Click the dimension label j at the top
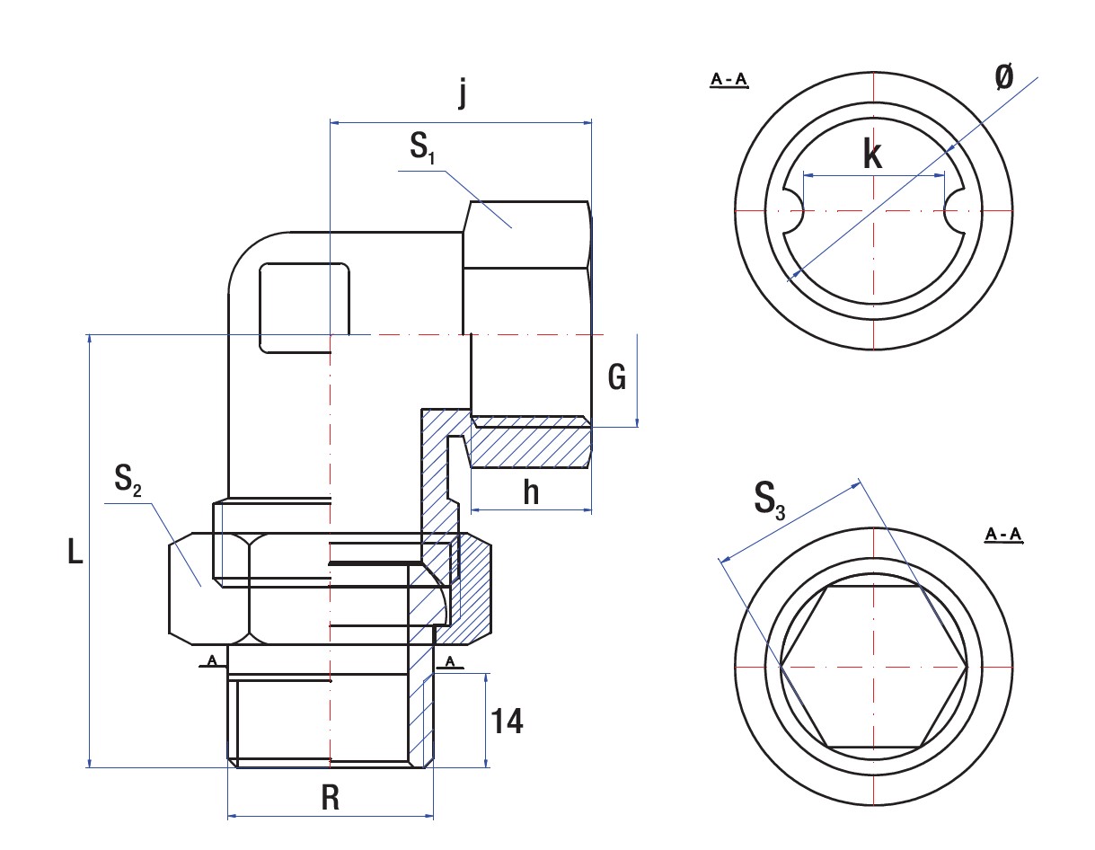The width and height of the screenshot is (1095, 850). (462, 93)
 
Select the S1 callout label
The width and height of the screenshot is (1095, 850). (422, 148)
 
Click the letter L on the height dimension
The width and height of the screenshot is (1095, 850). (75, 552)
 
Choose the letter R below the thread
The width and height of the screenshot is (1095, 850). (331, 799)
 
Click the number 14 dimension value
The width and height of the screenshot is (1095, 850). (507, 722)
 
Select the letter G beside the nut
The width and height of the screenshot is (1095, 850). (616, 378)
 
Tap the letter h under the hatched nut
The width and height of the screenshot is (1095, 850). (531, 492)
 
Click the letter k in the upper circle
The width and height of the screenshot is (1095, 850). (871, 155)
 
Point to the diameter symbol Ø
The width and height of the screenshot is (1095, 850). (1004, 77)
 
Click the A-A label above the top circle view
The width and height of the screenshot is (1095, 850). (729, 81)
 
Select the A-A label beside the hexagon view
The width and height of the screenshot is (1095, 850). (1003, 536)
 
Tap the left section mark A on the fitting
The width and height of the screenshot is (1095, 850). (212, 661)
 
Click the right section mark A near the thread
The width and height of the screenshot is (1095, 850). (451, 662)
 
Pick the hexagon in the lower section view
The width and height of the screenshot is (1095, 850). (873, 667)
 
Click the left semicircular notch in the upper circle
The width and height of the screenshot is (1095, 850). (793, 210)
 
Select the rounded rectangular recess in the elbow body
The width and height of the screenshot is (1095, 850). (304, 307)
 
